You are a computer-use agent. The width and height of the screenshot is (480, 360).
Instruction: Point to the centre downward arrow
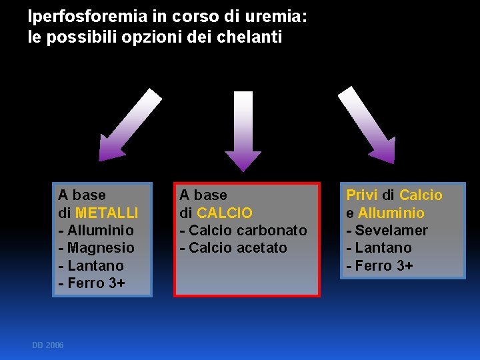point(243,130)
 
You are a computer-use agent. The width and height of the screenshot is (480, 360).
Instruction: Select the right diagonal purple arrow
point(367,125)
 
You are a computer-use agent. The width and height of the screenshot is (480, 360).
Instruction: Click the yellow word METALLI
point(107,213)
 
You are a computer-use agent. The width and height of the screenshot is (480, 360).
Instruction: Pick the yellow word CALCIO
point(225,213)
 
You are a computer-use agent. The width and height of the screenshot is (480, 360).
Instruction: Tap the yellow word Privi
point(361,195)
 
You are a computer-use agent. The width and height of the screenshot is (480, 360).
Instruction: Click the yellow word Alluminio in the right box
point(391,213)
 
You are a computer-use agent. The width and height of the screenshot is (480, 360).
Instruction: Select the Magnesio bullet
point(97,248)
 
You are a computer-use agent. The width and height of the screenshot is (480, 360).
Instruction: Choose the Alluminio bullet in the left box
point(96,231)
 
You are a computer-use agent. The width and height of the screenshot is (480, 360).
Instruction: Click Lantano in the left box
point(91,265)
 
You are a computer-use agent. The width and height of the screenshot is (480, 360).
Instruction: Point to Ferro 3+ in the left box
point(91,283)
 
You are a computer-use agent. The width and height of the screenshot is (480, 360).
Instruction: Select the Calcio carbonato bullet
point(243,231)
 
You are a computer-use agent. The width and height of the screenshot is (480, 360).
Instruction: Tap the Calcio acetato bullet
point(233,248)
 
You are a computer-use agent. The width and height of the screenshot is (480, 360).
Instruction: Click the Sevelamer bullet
point(387,231)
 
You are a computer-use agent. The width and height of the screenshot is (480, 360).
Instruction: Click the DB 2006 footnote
point(48,345)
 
